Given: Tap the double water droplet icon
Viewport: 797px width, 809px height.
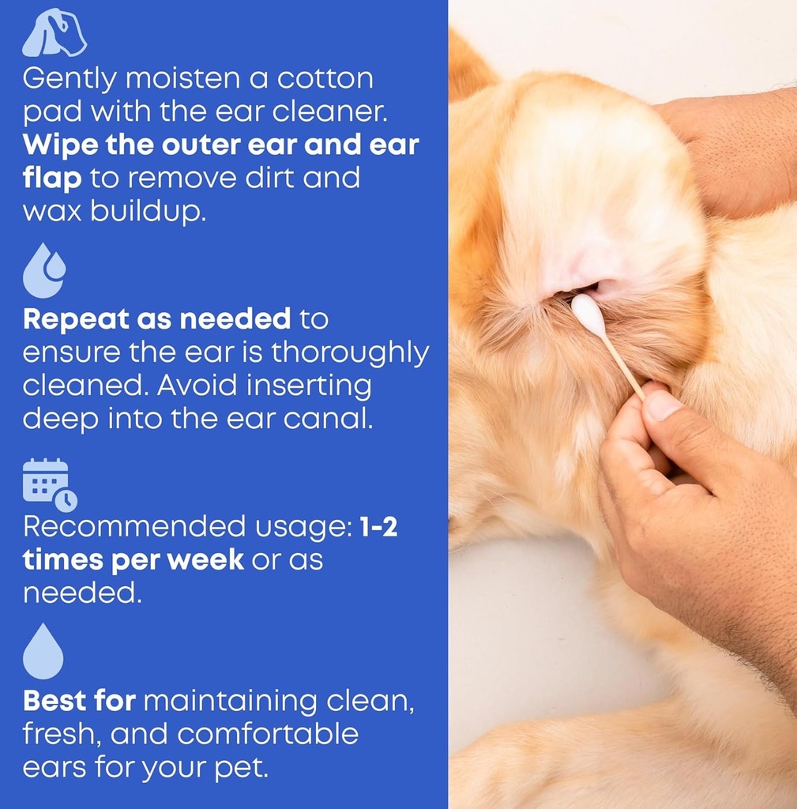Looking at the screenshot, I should (x=43, y=270).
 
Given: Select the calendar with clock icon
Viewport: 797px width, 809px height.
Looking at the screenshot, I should (x=49, y=484).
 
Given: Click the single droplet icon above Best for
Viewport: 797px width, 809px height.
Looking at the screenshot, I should (x=43, y=651).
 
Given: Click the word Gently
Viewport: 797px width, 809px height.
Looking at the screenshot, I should (x=69, y=78).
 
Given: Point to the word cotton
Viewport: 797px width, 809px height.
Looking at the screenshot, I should (x=321, y=78).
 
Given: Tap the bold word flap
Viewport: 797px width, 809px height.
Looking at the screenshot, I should (x=51, y=179).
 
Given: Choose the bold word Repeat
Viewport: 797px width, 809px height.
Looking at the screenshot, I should (x=76, y=319).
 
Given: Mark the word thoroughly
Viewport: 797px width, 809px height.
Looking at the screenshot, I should (x=350, y=352).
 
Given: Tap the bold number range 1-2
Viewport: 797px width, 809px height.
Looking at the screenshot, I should (x=378, y=527).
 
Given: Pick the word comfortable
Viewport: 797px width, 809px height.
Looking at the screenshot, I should (x=268, y=734).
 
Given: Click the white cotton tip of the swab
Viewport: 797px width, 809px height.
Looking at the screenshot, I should (x=588, y=314).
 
